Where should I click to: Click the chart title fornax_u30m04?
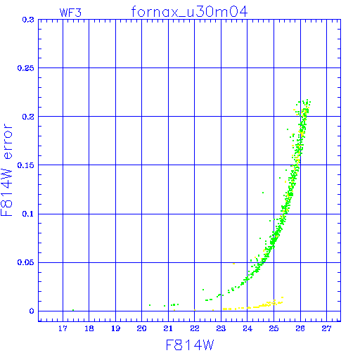tap(189, 12)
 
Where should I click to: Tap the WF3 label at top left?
tap(70, 13)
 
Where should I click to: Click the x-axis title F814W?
tap(190, 345)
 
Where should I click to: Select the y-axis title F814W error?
tap(6, 169)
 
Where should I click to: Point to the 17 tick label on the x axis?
tap(63, 328)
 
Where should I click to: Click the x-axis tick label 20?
tap(141, 328)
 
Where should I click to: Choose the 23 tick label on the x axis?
tap(221, 328)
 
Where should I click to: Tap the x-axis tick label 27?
tap(326, 328)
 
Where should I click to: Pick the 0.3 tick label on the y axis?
tap(28, 20)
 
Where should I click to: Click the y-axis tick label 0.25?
tap(26, 68)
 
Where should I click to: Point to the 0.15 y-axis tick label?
tap(26, 165)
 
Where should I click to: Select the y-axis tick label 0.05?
tap(26, 262)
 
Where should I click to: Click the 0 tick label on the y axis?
tap(32, 311)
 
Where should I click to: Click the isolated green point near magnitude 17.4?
tap(73, 310)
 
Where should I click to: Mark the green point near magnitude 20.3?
tap(150, 305)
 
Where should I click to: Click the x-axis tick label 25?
tap(274, 328)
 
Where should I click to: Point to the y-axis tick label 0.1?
tap(28, 214)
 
